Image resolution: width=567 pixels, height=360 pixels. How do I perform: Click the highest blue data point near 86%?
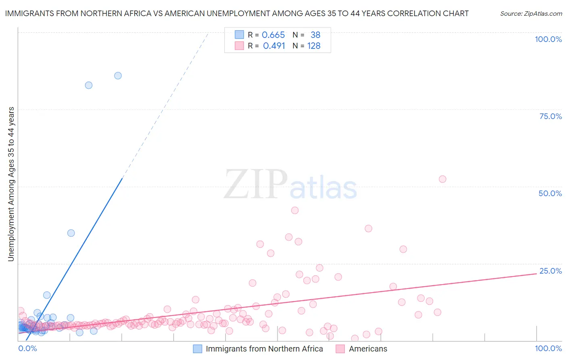coord(118,75)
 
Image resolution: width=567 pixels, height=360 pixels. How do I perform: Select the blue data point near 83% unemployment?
coord(89,85)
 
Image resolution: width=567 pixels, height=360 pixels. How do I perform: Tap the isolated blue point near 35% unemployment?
coord(71,233)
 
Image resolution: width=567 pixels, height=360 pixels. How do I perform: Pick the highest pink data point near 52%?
coord(442,179)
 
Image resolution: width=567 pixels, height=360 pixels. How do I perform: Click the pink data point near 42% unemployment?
coord(295,210)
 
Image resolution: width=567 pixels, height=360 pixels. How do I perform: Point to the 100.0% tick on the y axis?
coord(548,39)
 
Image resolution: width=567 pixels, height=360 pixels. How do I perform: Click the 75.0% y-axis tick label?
coord(550,116)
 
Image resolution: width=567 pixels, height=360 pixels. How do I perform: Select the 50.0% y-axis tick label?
coord(550,193)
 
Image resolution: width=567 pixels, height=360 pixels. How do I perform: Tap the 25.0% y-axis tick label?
coord(550,271)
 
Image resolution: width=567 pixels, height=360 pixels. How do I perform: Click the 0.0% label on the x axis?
coord(28,348)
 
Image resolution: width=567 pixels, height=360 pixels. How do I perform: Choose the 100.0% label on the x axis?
coord(548,348)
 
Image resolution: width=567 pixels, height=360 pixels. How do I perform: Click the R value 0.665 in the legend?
coord(273,35)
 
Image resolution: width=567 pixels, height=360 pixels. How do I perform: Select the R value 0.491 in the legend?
coord(274,46)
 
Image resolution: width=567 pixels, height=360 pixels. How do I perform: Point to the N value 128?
coord(314,46)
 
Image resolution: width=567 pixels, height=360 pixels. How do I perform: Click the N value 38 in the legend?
coord(315,35)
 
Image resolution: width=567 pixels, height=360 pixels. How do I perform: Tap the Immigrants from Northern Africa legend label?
coord(264,349)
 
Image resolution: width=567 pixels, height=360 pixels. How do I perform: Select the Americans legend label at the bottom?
coord(368,349)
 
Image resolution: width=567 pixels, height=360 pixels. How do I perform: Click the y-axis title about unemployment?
coord(11,184)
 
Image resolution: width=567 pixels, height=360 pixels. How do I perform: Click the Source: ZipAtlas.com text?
coord(531,13)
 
